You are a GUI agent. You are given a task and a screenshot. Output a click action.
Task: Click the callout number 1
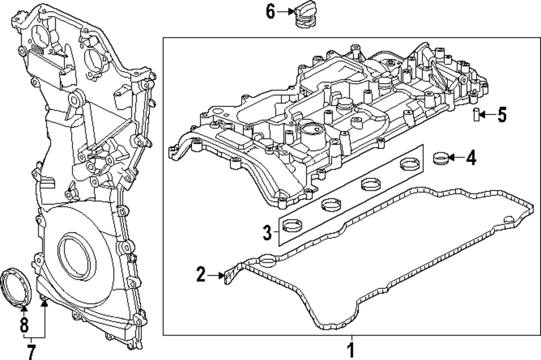click(351, 350)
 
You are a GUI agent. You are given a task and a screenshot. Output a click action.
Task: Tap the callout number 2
click(201, 275)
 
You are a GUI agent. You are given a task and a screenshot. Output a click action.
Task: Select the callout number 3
click(267, 232)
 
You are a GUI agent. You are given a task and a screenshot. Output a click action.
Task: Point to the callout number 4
click(471, 158)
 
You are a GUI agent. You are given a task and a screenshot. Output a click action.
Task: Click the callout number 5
click(502, 115)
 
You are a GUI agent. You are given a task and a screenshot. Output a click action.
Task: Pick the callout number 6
click(270, 11)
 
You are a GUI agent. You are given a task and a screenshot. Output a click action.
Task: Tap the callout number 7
click(31, 352)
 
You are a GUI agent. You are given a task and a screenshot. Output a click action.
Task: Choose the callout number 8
click(24, 325)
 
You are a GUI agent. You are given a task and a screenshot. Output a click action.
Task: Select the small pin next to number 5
click(476, 114)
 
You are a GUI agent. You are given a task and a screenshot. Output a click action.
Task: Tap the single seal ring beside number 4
click(440, 158)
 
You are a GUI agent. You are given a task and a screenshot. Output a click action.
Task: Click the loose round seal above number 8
click(16, 287)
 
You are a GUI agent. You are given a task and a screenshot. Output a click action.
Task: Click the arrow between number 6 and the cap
click(285, 11)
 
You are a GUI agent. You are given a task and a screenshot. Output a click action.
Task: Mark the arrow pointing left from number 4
click(457, 158)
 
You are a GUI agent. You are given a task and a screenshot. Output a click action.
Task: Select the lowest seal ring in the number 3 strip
click(292, 226)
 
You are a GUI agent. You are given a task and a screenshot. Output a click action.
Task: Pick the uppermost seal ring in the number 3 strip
click(410, 163)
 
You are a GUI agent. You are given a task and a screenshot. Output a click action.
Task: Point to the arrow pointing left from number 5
click(487, 115)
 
